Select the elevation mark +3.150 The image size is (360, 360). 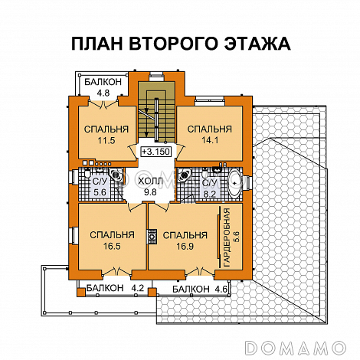[155, 152]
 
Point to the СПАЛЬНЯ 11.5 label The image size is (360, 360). [100, 134]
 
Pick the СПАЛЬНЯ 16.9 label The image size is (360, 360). [185, 241]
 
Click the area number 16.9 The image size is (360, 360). [185, 247]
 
